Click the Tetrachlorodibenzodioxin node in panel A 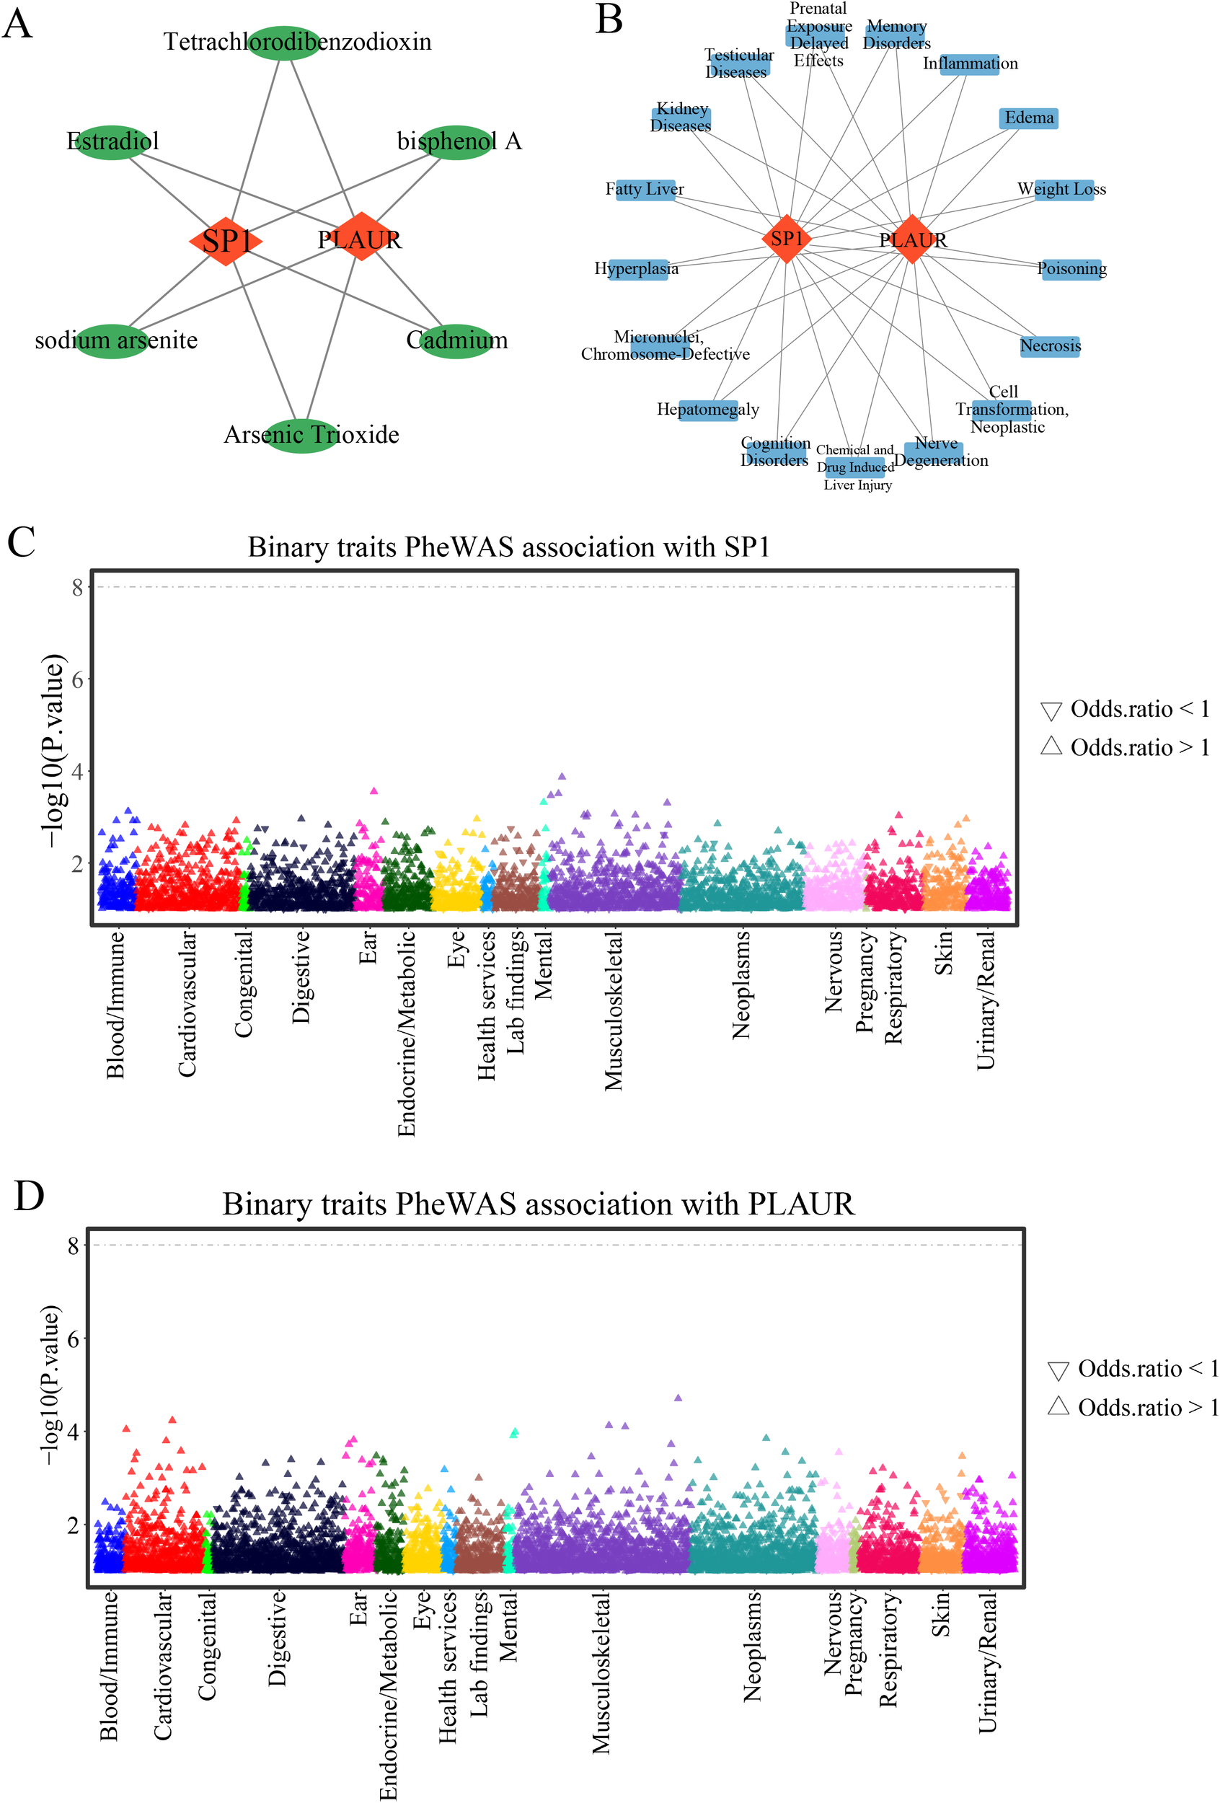point(285,42)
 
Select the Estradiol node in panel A point(112,142)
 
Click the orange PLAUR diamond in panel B point(912,239)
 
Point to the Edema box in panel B point(1028,118)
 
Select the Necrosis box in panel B point(1050,346)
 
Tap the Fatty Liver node point(645,189)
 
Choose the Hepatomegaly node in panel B point(707,410)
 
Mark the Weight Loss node point(1063,189)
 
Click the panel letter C point(21,542)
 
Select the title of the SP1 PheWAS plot point(509,547)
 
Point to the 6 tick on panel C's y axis point(76,679)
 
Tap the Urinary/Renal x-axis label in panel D point(986,1662)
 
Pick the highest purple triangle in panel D point(678,1397)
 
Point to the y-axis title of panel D point(50,1385)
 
